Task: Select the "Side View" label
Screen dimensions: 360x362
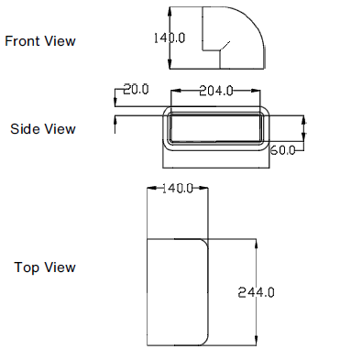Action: click(42, 129)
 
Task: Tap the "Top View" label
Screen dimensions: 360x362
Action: click(45, 267)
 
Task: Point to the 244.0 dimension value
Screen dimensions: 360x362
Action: click(257, 292)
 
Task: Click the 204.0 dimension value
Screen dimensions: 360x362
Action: click(216, 90)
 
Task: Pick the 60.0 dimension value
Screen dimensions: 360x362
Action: click(283, 149)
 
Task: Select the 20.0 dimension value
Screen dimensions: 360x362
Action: click(135, 89)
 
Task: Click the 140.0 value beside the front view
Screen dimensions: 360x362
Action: click(170, 38)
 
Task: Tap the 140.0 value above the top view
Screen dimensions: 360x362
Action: click(177, 189)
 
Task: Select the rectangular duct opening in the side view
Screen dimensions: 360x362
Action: click(217, 128)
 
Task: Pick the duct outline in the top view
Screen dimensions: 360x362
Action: click(179, 291)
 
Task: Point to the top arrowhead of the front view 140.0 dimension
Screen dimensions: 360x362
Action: click(170, 10)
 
